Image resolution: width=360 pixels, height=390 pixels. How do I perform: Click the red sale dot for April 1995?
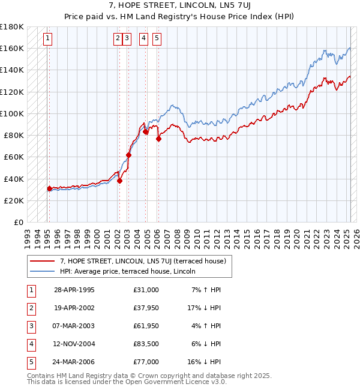click(x=50, y=188)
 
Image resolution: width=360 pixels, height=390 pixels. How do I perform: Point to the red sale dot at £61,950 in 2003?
click(x=128, y=155)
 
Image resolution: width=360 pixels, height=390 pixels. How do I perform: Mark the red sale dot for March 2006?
click(x=158, y=139)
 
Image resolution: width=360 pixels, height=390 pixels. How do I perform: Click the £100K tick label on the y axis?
click(x=12, y=113)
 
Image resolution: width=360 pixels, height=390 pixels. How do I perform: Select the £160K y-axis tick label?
click(x=12, y=48)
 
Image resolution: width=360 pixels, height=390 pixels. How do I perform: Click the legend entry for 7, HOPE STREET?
click(x=143, y=261)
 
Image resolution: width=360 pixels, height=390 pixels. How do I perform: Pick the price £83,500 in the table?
click(x=146, y=344)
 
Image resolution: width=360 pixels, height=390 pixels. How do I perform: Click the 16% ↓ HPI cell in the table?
click(x=205, y=362)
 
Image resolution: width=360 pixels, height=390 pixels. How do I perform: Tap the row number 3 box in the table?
click(x=31, y=326)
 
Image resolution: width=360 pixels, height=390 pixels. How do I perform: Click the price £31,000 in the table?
click(x=146, y=290)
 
